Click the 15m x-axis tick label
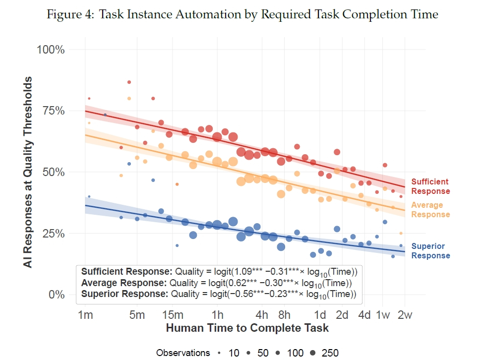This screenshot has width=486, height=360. click(x=173, y=315)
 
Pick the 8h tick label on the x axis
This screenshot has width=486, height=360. click(x=284, y=315)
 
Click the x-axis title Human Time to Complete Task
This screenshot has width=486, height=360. click(x=247, y=328)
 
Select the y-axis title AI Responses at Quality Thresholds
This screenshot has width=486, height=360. click(x=28, y=172)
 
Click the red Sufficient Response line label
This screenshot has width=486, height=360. click(x=430, y=186)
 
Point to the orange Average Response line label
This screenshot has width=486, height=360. click(x=430, y=210)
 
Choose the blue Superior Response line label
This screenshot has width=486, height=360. click(x=430, y=251)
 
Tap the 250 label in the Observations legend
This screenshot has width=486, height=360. click(x=330, y=353)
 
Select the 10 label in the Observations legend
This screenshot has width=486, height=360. click(x=234, y=353)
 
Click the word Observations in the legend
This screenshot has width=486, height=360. click(x=183, y=353)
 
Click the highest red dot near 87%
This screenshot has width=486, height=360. click(x=129, y=82)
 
